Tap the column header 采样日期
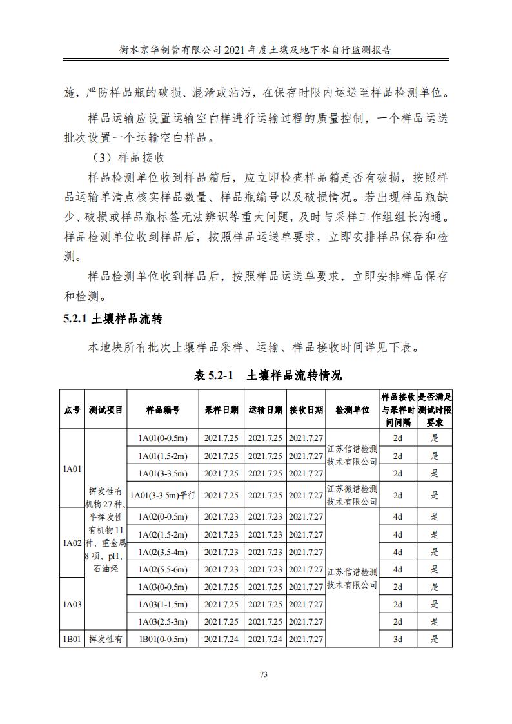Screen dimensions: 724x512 pyautogui.click(x=221, y=409)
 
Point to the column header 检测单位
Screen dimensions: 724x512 pyautogui.click(x=352, y=409)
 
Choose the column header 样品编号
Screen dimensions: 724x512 pyautogui.click(x=162, y=409)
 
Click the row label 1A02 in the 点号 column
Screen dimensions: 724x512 pyautogui.click(x=72, y=543)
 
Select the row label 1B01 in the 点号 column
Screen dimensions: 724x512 pyautogui.click(x=72, y=639)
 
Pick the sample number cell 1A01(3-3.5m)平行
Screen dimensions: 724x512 pyautogui.click(x=162, y=495)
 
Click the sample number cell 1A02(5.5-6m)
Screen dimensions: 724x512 pyautogui.click(x=162, y=569)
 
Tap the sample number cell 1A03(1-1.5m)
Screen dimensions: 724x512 pyautogui.click(x=162, y=604)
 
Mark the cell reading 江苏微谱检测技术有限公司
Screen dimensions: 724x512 pyautogui.click(x=352, y=495)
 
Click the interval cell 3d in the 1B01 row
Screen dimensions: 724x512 pyautogui.click(x=398, y=639)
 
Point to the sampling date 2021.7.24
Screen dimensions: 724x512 pyautogui.click(x=221, y=639)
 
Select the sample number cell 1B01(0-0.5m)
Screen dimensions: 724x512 pyautogui.click(x=162, y=639)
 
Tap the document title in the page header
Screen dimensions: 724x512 pyautogui.click(x=256, y=49)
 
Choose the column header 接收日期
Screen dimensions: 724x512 pyautogui.click(x=306, y=409)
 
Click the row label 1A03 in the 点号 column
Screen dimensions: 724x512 pyautogui.click(x=72, y=604)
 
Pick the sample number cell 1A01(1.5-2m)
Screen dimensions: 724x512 pyautogui.click(x=162, y=456)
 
